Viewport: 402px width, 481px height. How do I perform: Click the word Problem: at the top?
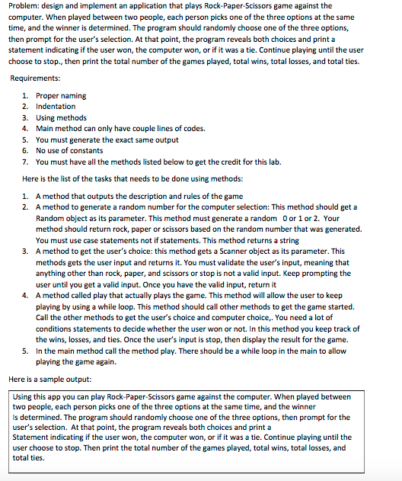24,6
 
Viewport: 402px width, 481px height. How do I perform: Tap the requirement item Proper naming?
61,96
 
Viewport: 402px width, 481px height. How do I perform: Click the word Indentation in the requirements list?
56,107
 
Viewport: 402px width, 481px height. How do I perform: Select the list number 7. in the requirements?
27,162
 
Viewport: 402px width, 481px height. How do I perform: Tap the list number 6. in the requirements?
27,151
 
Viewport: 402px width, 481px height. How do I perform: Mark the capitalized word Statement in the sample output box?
34,437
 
